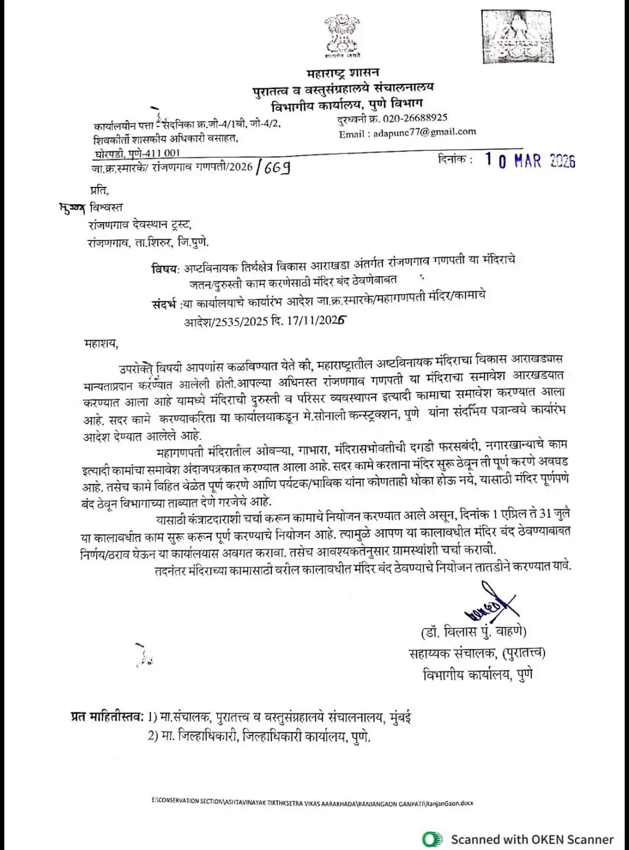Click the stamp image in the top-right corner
coord(517,36)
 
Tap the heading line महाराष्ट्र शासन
coord(342,73)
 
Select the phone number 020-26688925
coord(415,118)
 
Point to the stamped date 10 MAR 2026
coord(529,161)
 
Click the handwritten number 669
coord(277,168)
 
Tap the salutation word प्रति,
coord(99,190)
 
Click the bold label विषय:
coord(165,269)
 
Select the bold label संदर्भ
coord(164,304)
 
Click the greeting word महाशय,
coord(101,344)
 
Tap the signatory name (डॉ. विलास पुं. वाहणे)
coord(473,632)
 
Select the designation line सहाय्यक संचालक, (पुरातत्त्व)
coord(477,653)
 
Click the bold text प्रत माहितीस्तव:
coord(107,717)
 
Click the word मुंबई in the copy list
coord(400,717)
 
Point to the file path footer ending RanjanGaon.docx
coord(312,803)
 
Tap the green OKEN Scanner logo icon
coord(432,839)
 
